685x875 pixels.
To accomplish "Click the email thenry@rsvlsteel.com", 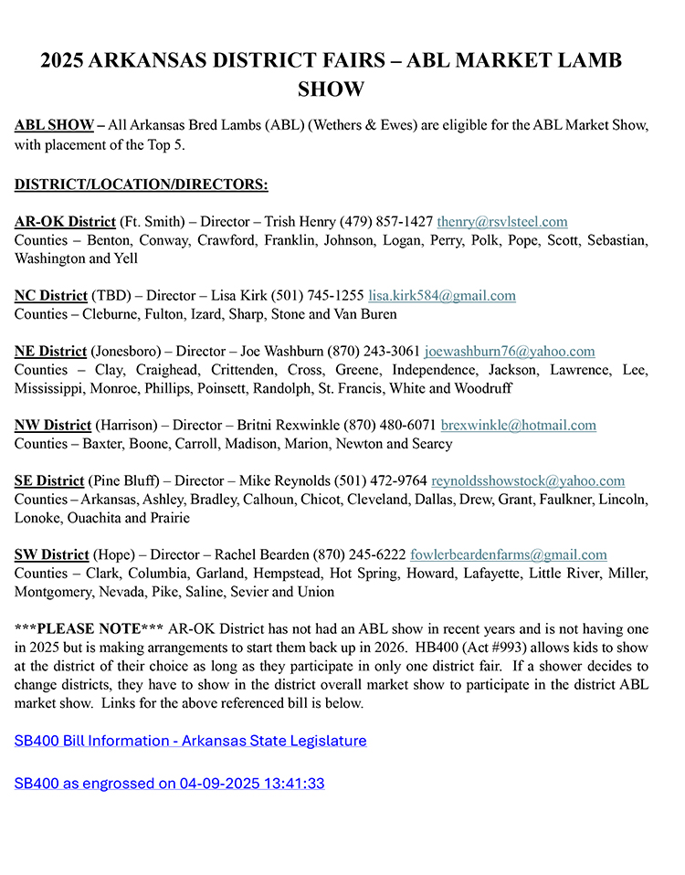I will tap(501, 222).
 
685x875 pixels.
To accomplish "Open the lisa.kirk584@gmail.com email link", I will tap(441, 296).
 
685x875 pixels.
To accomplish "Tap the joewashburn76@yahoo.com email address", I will tap(509, 352).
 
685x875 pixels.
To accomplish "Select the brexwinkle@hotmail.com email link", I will tap(518, 426).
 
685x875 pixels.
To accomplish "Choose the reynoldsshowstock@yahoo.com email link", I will tap(528, 481).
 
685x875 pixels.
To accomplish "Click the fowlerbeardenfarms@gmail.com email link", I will tap(508, 554).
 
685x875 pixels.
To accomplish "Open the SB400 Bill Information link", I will tap(190, 741).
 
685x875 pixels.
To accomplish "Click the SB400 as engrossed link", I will tap(169, 784).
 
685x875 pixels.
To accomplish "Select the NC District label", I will tap(50, 296).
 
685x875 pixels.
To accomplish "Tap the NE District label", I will tap(50, 352).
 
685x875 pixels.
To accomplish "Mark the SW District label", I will tap(52, 554).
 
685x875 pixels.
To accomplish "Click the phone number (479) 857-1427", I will tap(386, 222).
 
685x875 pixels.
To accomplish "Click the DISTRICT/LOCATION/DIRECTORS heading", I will tap(141, 185).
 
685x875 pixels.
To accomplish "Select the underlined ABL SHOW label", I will tap(54, 125).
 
